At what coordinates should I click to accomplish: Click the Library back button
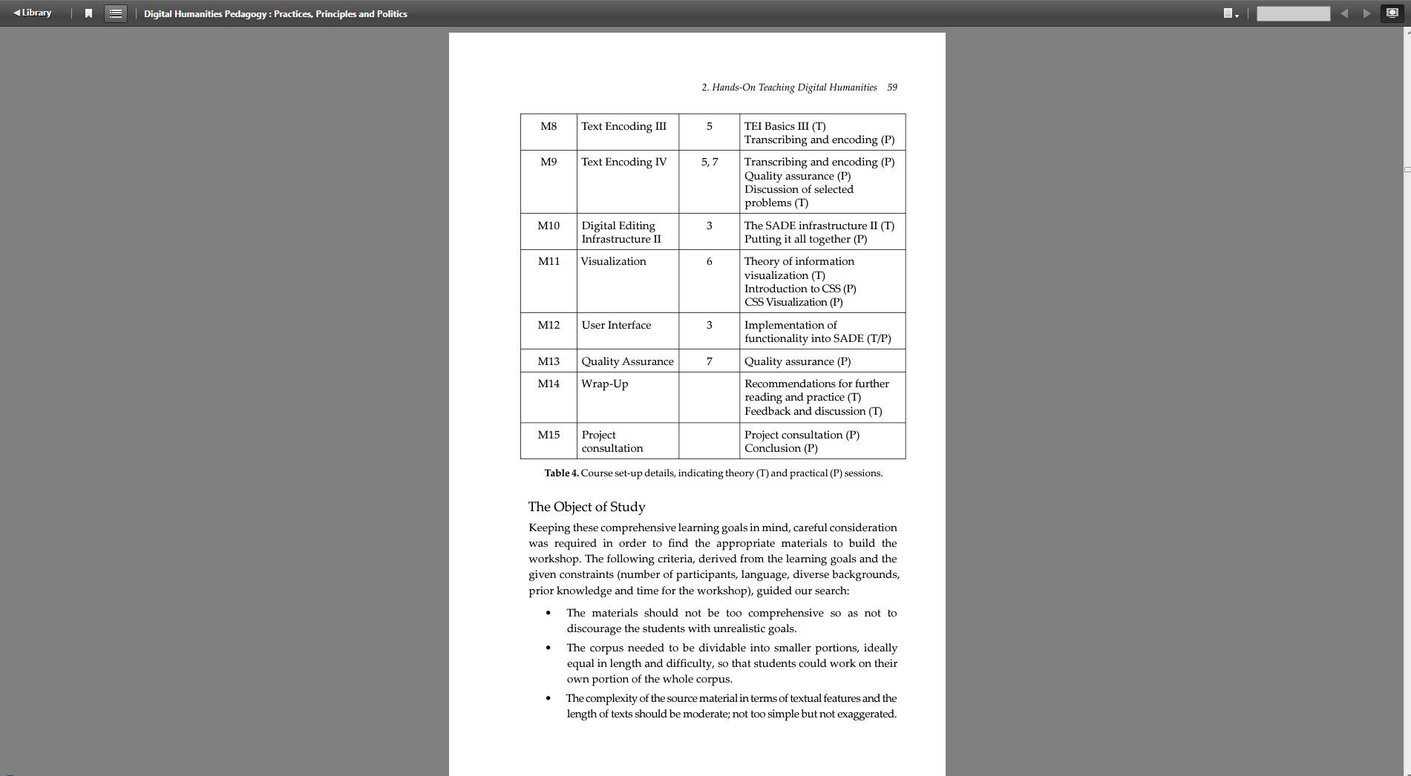click(33, 13)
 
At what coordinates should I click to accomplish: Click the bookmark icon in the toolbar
click(88, 13)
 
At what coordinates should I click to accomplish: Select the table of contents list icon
click(116, 13)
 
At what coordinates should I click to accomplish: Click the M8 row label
click(549, 126)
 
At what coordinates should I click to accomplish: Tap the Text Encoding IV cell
click(623, 162)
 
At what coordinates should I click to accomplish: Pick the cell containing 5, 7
click(710, 162)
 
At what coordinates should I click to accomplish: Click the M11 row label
click(549, 261)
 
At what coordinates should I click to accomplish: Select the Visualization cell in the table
click(613, 261)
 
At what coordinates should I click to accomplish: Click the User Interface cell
click(616, 325)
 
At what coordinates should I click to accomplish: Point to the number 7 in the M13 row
click(710, 361)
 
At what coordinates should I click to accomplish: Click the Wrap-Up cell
click(604, 384)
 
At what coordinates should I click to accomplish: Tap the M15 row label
click(549, 435)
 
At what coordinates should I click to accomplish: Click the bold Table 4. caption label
click(561, 473)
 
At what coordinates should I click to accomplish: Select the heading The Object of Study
click(586, 507)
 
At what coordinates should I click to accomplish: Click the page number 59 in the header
click(892, 88)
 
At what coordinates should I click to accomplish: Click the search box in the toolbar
click(1293, 13)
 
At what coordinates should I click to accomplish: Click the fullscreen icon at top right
click(1392, 13)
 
